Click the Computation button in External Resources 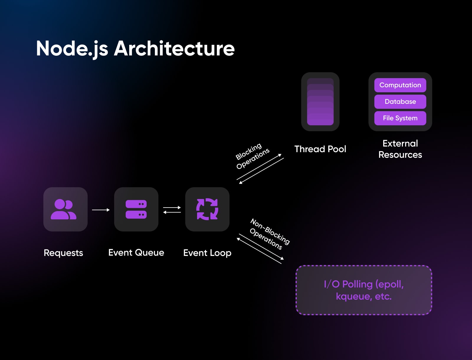tap(400, 85)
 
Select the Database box tap(400, 102)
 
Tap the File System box tap(400, 118)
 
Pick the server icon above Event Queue tap(136, 209)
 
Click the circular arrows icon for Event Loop tap(207, 209)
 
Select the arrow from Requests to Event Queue tap(101, 210)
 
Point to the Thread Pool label tap(320, 149)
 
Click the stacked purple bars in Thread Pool tap(320, 102)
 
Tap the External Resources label tap(400, 149)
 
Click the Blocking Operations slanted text tap(252, 156)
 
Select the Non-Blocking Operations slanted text tap(269, 234)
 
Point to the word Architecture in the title tap(174, 49)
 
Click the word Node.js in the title tap(72, 49)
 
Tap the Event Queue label tap(136, 253)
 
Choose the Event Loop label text tap(207, 253)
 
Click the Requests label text tap(63, 253)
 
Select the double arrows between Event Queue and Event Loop tap(172, 210)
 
